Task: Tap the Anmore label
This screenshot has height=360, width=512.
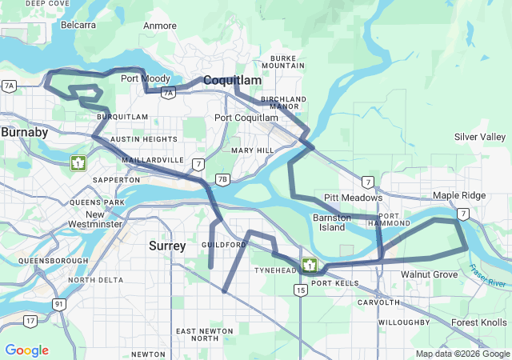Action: coord(159,26)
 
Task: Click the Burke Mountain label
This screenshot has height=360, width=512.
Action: coord(289,62)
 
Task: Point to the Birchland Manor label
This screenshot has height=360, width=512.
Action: coord(283,102)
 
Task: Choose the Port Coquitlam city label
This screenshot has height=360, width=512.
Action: coord(246,118)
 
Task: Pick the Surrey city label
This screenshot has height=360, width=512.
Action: coord(167,246)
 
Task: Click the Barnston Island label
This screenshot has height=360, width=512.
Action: coord(332,222)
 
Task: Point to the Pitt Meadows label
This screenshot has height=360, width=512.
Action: coord(353,198)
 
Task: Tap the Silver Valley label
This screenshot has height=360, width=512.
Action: coord(480,137)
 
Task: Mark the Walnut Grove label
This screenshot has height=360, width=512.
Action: coord(430,274)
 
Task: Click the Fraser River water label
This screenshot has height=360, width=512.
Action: coord(489,277)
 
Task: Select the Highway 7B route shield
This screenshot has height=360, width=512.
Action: coord(222,179)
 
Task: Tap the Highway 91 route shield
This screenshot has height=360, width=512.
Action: coord(59,303)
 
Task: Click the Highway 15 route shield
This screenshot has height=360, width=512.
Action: coord(300,290)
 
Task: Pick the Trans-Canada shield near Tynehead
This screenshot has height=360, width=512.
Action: coord(309,265)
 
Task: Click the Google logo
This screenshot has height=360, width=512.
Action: coord(26,350)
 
